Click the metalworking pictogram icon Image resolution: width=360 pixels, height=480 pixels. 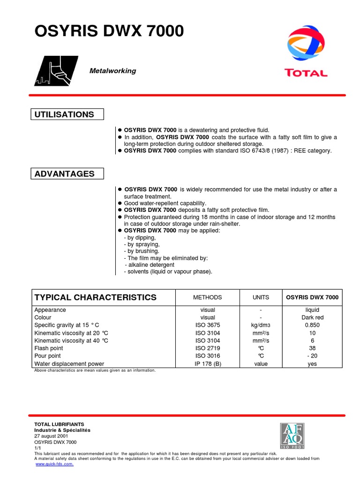[56, 71]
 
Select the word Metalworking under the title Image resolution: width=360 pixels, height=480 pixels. [112, 71]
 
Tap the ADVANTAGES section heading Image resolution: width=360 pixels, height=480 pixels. [64, 174]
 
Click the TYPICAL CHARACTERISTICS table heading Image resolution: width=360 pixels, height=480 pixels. [96, 297]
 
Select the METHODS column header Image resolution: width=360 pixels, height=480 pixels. [208, 297]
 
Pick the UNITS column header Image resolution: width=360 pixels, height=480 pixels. [261, 297]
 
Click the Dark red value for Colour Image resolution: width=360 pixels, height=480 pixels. [312, 317]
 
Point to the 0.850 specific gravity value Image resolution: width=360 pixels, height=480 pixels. [312, 325]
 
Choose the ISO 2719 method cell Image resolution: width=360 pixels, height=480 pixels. [208, 348]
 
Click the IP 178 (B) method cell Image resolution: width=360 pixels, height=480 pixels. [208, 364]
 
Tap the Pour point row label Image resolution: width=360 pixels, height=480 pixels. [48, 356]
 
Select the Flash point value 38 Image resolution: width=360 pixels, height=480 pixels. [312, 348]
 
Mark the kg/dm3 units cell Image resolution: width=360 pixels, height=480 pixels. [261, 325]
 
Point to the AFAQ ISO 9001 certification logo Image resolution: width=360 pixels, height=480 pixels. [292, 435]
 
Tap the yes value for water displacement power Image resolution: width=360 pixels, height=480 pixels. [312, 364]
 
